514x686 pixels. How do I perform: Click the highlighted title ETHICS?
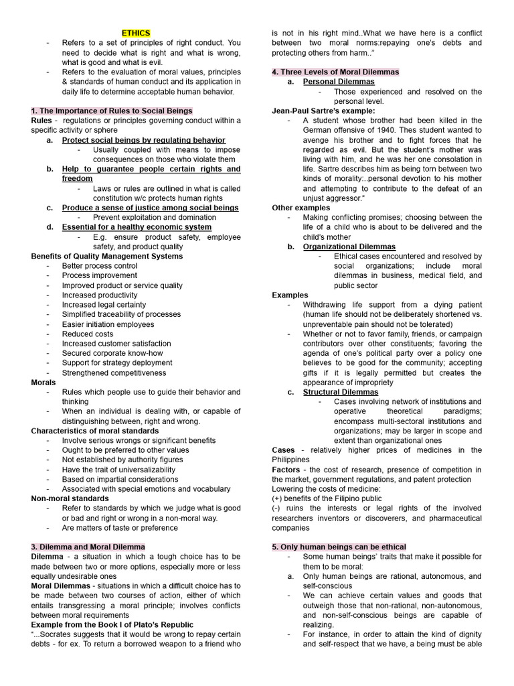pyautogui.click(x=136, y=33)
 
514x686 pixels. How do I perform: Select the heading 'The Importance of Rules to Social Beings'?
pyautogui.click(x=112, y=111)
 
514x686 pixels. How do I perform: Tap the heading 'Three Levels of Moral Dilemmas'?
pyautogui.click(x=335, y=72)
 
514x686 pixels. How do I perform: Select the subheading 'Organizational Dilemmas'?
pyautogui.click(x=349, y=247)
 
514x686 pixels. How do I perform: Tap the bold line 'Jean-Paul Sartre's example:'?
pyautogui.click(x=323, y=111)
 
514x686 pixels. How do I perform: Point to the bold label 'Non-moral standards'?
pyautogui.click(x=70, y=498)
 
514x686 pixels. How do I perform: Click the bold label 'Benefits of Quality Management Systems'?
pyautogui.click(x=106, y=256)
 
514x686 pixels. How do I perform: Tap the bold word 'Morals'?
pyautogui.click(x=44, y=383)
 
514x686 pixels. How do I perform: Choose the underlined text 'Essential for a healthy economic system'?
pyautogui.click(x=137, y=227)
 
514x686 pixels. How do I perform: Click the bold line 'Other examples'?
pyautogui.click(x=301, y=208)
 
